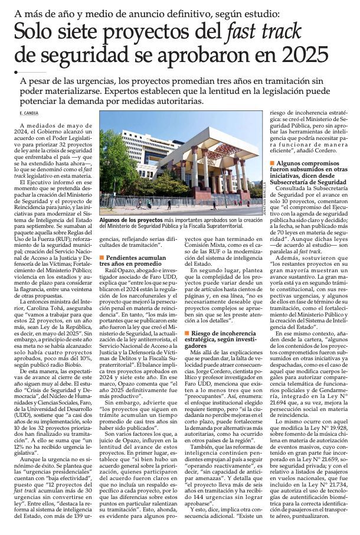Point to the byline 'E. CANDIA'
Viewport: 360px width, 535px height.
29,113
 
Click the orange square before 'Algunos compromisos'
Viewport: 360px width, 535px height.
271,162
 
